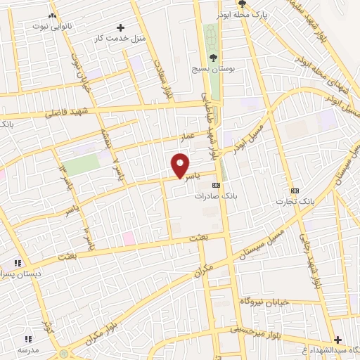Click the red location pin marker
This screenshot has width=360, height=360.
coord(181,165)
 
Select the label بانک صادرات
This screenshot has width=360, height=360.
coord(214,196)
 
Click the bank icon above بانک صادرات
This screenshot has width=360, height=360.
coord(215,186)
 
